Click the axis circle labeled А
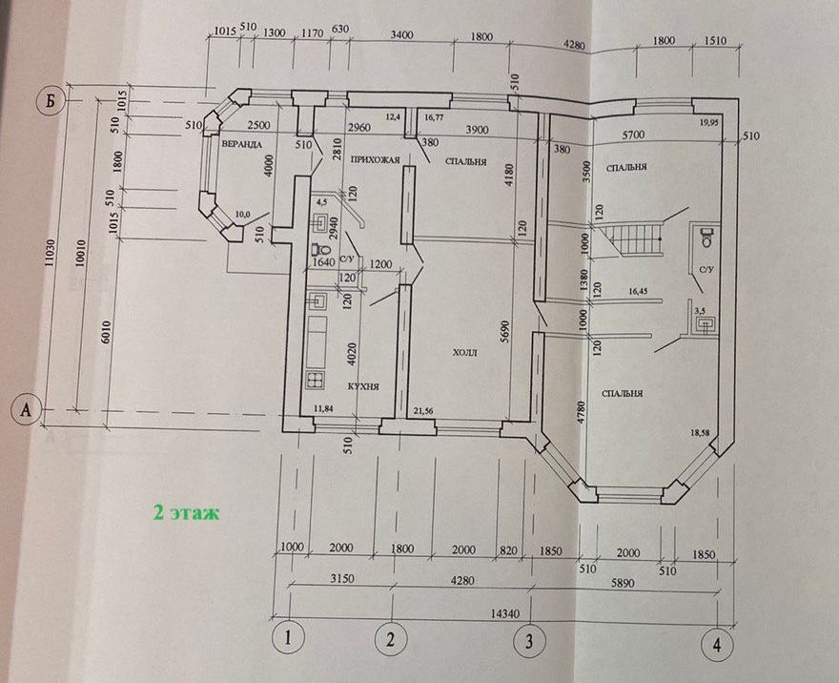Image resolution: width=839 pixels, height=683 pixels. point(26,410)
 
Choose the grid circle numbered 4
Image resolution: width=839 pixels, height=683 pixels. point(717,644)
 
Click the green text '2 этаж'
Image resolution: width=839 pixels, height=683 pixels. point(186,512)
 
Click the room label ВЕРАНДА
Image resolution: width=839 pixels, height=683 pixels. point(243,145)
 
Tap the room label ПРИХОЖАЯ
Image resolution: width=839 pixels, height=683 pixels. point(374,159)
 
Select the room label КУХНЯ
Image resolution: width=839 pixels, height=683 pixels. point(363,387)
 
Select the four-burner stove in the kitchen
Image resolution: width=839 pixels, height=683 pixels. point(316,381)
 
